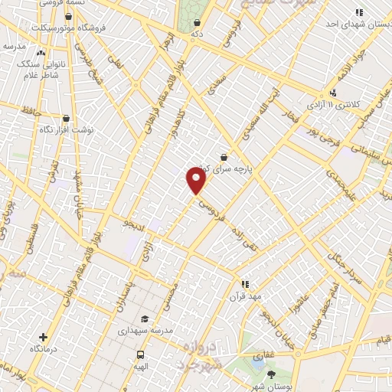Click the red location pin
(197, 181)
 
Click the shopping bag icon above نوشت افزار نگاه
(67, 119)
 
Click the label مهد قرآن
(245, 295)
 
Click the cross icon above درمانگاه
(44, 337)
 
